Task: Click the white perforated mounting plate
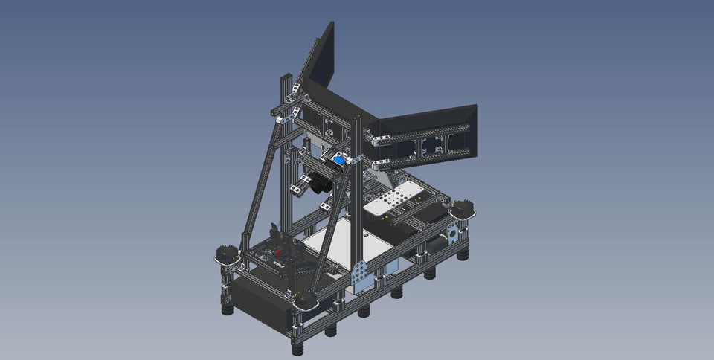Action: point(392,202)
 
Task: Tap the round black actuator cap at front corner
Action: point(306,299)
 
